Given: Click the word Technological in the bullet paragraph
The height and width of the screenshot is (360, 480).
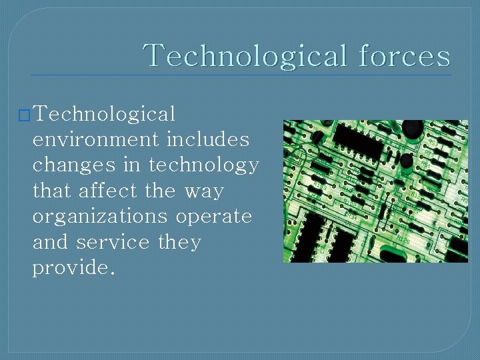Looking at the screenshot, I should coord(104,115).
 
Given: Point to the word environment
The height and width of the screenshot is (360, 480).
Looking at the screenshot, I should coord(96,140).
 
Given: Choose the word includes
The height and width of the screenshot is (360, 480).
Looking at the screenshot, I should coord(208,140).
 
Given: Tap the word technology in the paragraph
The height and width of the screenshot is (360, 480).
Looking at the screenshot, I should coord(204,165).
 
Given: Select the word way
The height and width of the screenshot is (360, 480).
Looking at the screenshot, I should coord(204,191).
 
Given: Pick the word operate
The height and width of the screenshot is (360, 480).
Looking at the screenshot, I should coord(215,217).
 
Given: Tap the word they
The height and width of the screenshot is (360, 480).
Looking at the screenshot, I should coord(179,242).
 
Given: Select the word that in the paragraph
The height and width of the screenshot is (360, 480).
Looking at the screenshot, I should coord(52,191).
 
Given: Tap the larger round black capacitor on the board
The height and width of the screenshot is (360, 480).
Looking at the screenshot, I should coord(412,129).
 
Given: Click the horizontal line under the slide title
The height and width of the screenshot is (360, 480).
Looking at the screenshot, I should coord(240,75).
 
